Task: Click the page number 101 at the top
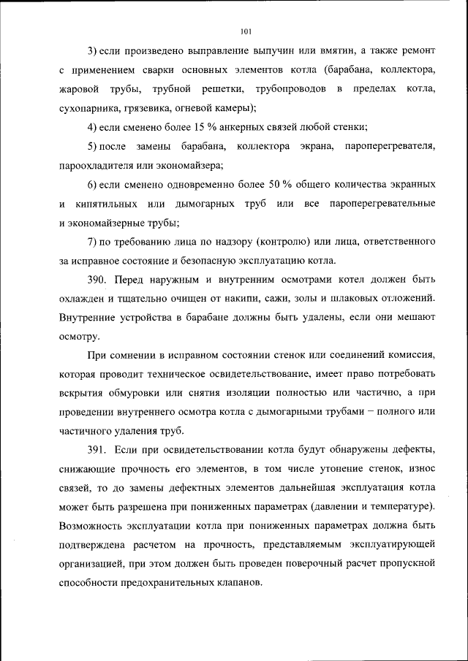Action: tap(245, 30)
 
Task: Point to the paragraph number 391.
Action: tap(98, 447)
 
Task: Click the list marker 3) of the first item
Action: tap(92, 50)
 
